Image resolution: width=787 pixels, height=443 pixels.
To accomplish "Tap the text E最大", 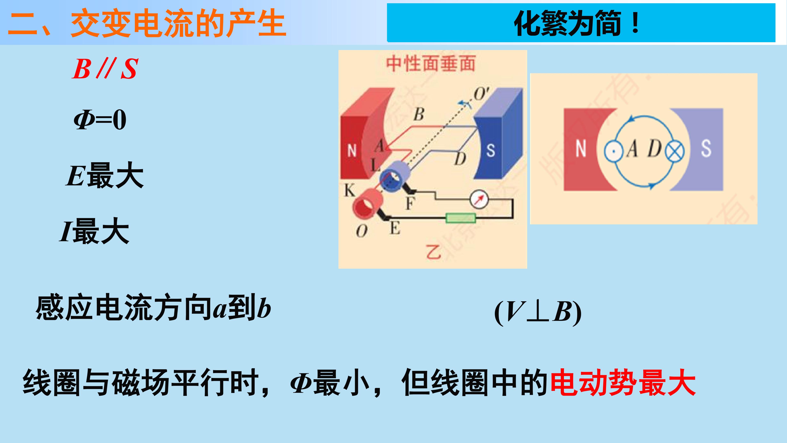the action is point(105,175).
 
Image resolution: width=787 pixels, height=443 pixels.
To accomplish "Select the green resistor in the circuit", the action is point(461,218).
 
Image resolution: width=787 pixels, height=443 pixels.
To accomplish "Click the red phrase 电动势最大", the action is point(623,383).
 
